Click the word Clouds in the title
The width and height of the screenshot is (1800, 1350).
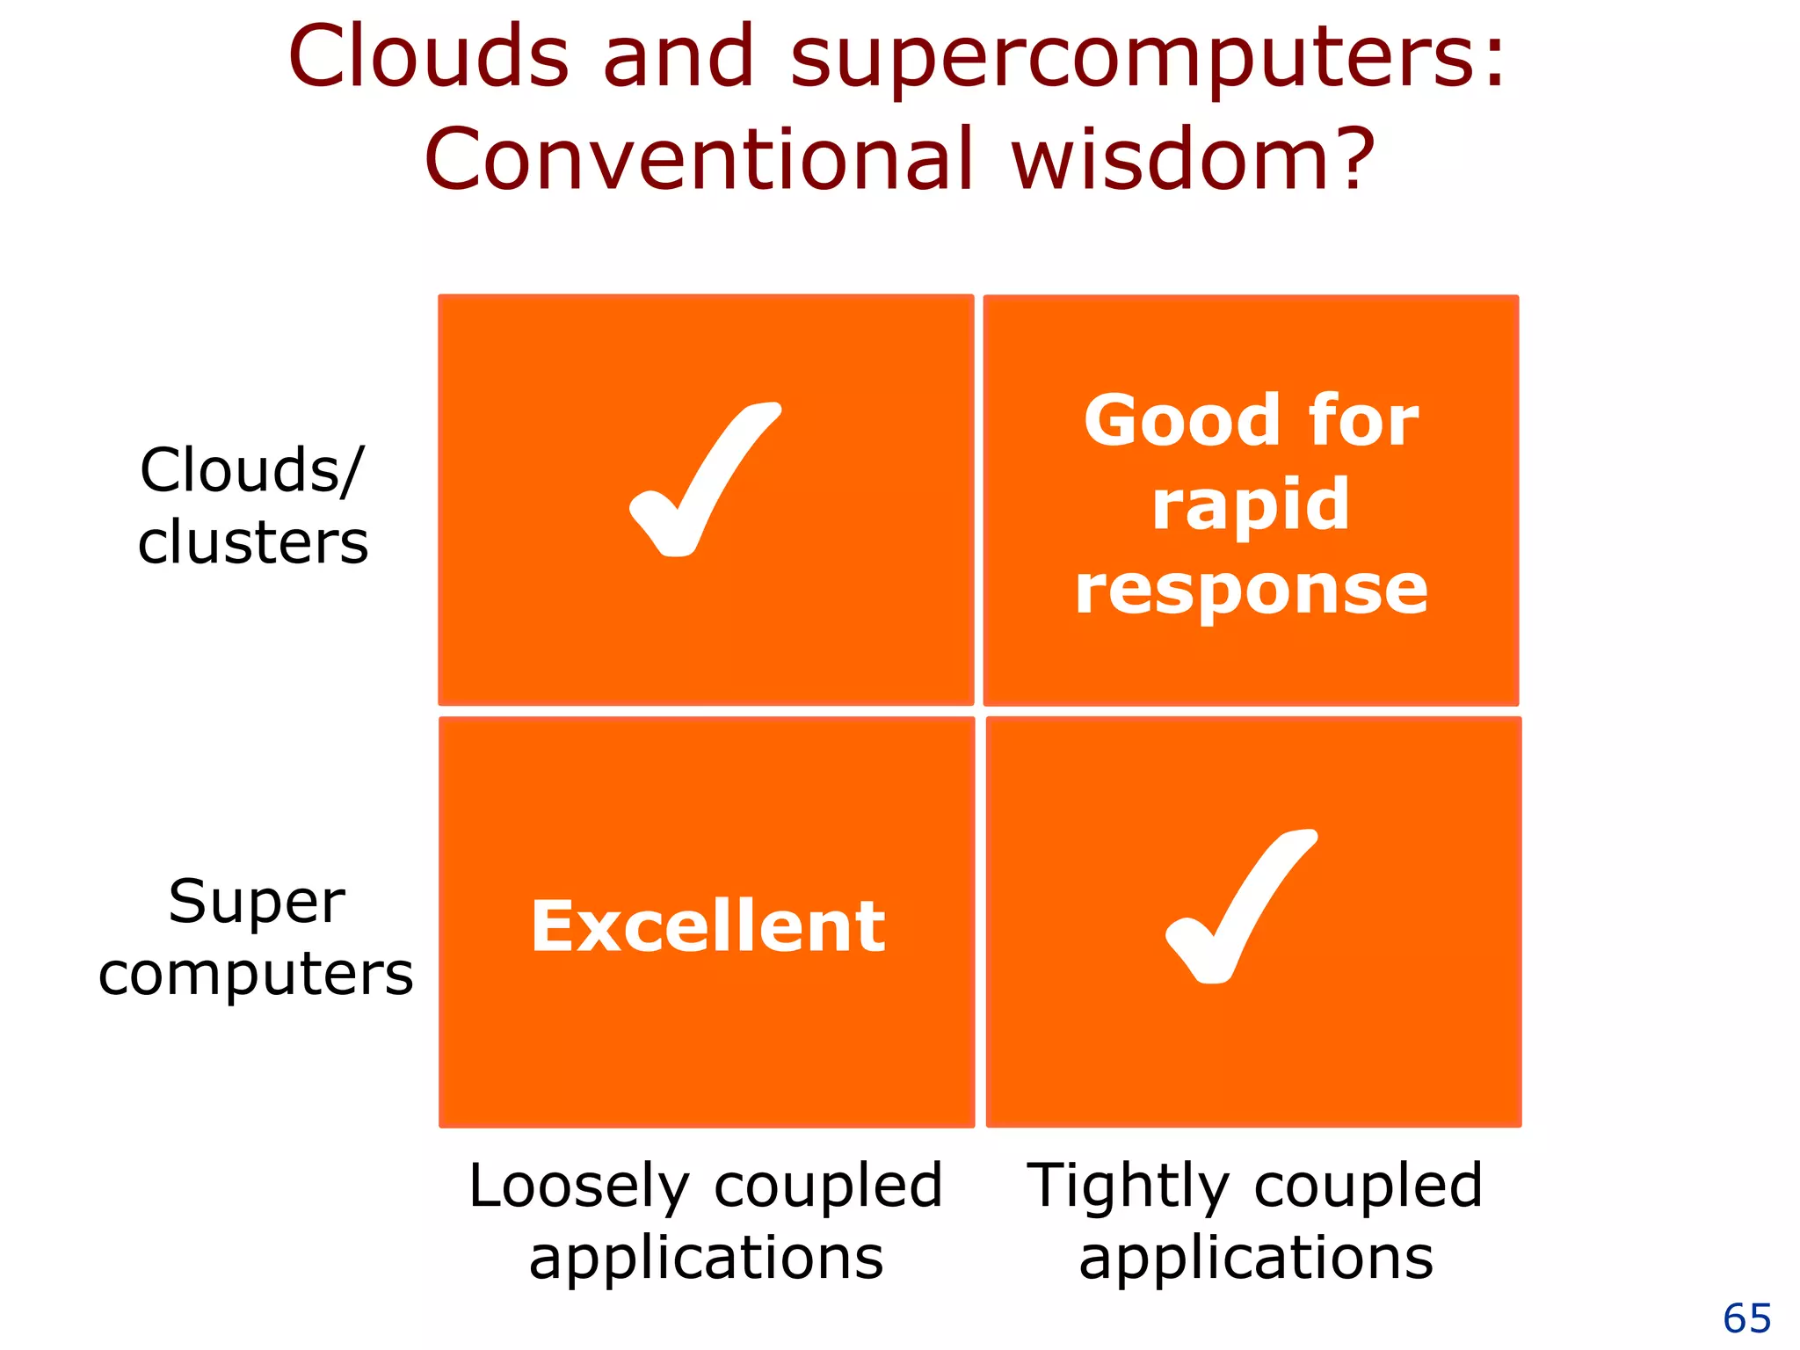428,56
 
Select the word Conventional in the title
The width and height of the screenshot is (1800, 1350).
699,160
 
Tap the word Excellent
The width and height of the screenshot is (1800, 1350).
708,926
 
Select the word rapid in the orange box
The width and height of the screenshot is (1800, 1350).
1250,505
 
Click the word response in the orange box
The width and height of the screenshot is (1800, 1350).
1251,591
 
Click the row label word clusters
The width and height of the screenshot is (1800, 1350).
253,541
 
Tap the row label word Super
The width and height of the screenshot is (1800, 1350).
257,902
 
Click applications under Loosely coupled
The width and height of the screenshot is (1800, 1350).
706,1258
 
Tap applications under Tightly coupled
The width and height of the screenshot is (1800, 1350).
1256,1258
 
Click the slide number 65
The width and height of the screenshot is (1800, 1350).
1746,1318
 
